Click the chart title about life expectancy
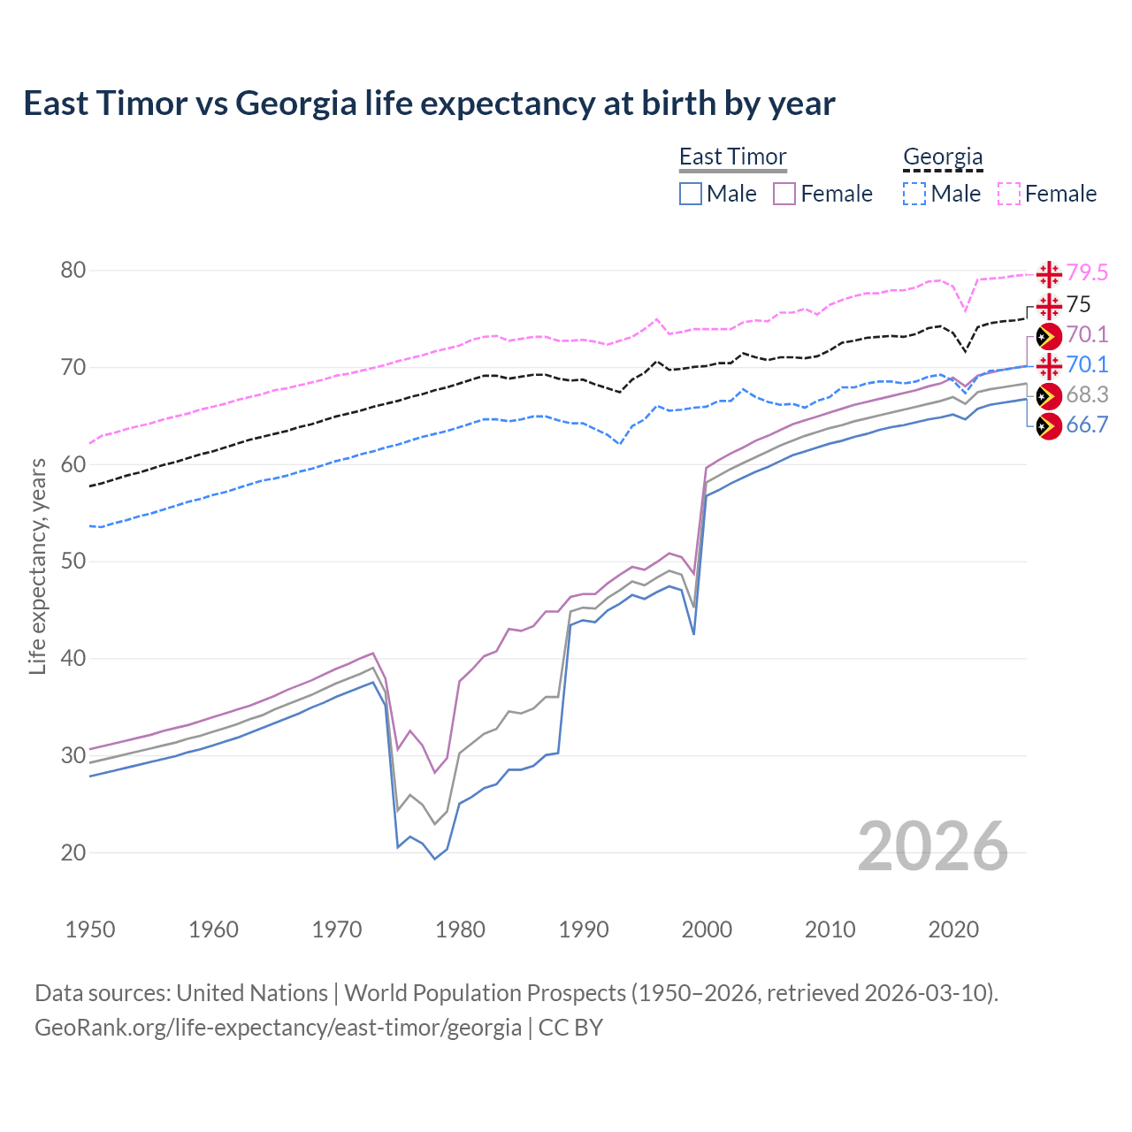(429, 103)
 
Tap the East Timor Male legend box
(691, 194)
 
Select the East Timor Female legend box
(784, 194)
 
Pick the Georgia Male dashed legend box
(914, 194)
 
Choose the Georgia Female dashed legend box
(1009, 194)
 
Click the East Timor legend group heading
(732, 157)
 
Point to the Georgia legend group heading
(943, 157)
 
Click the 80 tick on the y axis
(73, 271)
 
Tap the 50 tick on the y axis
(73, 562)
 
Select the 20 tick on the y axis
(73, 853)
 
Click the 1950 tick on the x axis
(90, 929)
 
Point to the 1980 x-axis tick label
(460, 929)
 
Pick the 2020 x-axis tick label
(953, 929)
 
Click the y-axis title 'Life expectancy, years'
(37, 566)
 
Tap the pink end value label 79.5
(1087, 272)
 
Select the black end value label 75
(1079, 304)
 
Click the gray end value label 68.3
(1087, 394)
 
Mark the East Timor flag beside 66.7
(1049, 425)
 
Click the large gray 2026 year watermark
(933, 846)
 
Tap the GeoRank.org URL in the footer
(278, 1028)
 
